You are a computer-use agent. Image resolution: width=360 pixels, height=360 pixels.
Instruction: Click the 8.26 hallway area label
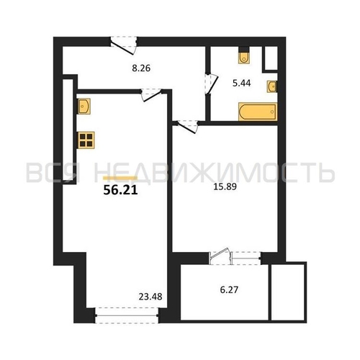point(141,68)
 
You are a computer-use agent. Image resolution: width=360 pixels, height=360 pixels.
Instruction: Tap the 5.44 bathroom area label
point(242,83)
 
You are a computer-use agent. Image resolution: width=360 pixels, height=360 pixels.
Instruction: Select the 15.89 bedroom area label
point(225,186)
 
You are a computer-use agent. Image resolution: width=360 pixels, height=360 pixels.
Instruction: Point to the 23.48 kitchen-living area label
point(150,297)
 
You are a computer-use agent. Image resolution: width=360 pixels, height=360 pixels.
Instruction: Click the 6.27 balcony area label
point(229,289)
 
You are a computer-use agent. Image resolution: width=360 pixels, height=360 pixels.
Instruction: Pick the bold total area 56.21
point(120,190)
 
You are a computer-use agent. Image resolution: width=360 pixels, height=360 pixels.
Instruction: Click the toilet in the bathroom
point(244,55)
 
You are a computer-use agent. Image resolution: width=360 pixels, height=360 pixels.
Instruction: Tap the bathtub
point(258,112)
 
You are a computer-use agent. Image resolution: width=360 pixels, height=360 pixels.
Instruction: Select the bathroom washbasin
point(272,86)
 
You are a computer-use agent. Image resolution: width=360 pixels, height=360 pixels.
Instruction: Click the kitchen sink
point(84,106)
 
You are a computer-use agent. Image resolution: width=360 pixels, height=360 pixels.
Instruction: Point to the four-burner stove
point(86,140)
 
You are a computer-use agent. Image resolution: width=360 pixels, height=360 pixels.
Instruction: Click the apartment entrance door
point(124,45)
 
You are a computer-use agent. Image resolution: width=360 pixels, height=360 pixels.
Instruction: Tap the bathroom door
point(211,84)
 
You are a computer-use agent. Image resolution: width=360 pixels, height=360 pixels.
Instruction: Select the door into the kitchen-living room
point(151,95)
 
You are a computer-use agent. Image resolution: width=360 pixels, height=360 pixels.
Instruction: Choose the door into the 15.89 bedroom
point(187,126)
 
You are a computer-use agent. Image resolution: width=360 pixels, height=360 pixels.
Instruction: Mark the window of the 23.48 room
point(127,315)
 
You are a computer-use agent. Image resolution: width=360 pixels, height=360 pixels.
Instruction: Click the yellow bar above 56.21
point(120,178)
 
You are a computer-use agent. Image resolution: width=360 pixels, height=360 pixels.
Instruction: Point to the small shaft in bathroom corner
point(271,58)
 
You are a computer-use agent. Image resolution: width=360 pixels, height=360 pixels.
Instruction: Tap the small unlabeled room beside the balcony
point(289,292)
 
